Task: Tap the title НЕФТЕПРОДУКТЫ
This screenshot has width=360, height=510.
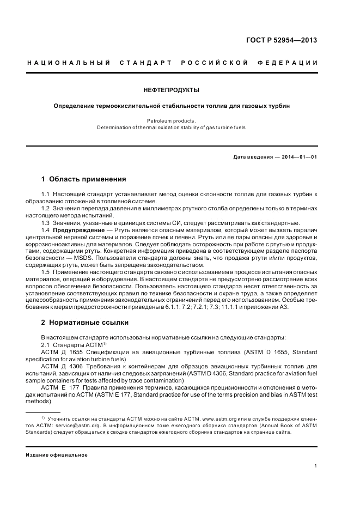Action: click(x=172, y=89)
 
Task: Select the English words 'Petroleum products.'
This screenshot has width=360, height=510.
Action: click(x=172, y=121)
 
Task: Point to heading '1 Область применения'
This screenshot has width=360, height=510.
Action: click(x=84, y=178)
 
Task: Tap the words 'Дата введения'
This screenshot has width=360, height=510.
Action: click(x=252, y=157)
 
